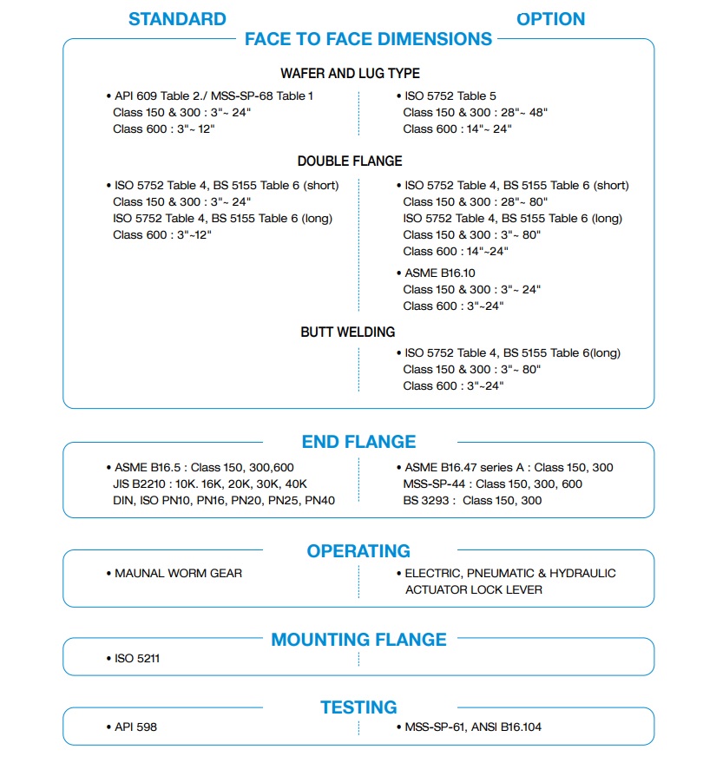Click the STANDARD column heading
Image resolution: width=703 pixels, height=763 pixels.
click(x=177, y=19)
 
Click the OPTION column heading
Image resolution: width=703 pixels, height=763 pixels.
click(x=550, y=19)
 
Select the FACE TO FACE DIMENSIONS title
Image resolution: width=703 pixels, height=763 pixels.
click(x=368, y=39)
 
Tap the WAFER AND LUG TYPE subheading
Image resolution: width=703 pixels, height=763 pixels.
click(x=350, y=74)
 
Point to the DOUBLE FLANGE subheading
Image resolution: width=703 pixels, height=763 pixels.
click(x=350, y=161)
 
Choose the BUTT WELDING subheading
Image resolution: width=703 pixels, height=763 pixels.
click(x=348, y=332)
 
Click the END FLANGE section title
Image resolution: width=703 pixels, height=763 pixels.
click(x=358, y=442)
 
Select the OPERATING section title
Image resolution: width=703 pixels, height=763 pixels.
click(x=358, y=551)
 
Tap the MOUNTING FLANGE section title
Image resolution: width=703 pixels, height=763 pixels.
click(x=358, y=640)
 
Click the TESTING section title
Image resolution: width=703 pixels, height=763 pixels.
click(x=358, y=707)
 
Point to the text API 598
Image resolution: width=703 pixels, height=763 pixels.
click(x=135, y=727)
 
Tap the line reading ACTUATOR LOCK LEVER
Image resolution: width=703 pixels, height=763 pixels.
click(x=474, y=590)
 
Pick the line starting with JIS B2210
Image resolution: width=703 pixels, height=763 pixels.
click(x=210, y=484)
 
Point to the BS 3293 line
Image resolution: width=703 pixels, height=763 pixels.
click(x=472, y=501)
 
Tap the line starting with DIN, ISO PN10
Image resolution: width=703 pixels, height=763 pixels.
click(x=224, y=501)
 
